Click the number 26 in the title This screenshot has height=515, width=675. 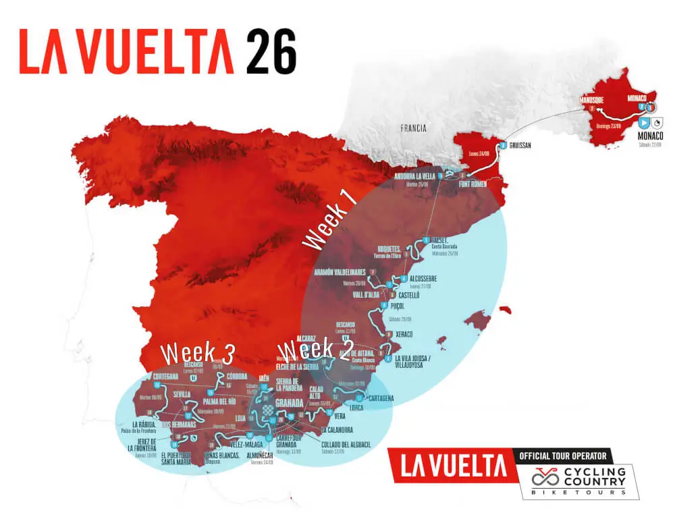point(271,52)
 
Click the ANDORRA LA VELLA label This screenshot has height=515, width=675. point(416,177)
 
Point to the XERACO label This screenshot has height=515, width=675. point(400,335)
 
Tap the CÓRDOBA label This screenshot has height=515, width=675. point(240,376)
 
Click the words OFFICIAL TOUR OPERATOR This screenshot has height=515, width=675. point(567,456)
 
